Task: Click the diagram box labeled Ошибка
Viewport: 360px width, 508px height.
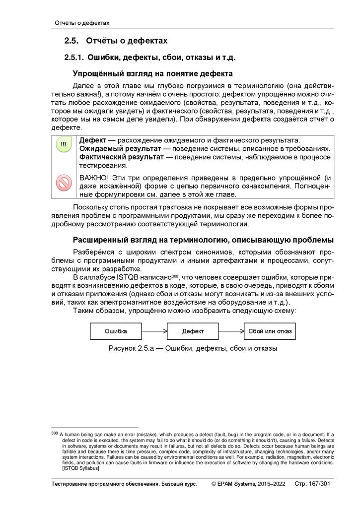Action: [x=116, y=331]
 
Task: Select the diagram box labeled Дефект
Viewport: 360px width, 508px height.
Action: [x=193, y=331]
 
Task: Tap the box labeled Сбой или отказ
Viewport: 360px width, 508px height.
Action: [x=270, y=331]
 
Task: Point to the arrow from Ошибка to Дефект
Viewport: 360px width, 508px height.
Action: [x=154, y=331]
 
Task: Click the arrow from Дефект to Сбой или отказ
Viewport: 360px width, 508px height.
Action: [x=231, y=331]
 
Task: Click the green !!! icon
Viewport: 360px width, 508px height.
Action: [x=64, y=145]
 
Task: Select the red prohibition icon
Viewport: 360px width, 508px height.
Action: [x=64, y=184]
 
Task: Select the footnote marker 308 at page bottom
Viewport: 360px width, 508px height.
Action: [x=55, y=433]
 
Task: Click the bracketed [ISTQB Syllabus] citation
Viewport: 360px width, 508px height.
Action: [x=81, y=468]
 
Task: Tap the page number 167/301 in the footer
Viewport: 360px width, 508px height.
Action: [x=321, y=484]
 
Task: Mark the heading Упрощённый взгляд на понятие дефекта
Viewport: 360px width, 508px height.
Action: [x=153, y=74]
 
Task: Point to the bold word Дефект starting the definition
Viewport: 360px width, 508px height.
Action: [x=93, y=140]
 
